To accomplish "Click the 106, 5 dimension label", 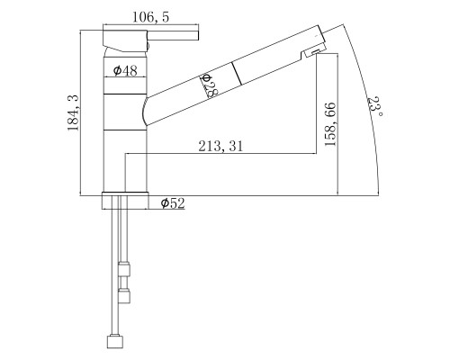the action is pos(151,17).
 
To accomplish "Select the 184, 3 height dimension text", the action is pos(73,112).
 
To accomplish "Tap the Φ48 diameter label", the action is pos(125,71).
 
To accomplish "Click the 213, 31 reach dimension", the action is pos(220,146).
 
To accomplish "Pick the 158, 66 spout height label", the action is pos(330,124).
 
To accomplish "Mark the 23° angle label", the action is pos(375,106).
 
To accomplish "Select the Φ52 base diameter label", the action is pos(173,203).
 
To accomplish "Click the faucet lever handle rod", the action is pos(173,35).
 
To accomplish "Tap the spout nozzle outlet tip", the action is pos(315,52).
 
